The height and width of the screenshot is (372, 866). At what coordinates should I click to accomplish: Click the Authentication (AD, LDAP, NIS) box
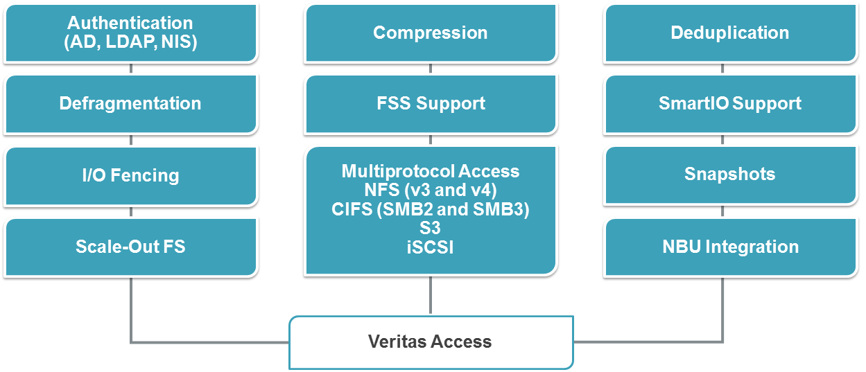pos(130,33)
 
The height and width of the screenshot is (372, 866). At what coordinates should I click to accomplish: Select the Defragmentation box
pos(130,104)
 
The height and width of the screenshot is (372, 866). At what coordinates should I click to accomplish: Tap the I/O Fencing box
pos(130,175)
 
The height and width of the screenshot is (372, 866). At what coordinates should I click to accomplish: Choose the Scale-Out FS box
pos(130,247)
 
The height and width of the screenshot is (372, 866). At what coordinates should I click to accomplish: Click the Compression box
pos(430,33)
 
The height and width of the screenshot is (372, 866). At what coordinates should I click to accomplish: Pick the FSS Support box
pos(430,104)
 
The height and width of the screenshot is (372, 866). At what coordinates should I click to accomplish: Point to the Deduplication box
pos(729,33)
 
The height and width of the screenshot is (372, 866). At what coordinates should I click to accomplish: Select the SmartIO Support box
pos(729,104)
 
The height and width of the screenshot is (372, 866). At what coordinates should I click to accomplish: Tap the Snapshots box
pos(729,175)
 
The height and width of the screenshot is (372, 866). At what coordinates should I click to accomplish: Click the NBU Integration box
pos(729,247)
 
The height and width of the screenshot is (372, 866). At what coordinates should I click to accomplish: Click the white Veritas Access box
pos(430,342)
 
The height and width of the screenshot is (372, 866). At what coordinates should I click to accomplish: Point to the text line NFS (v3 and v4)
pos(430,190)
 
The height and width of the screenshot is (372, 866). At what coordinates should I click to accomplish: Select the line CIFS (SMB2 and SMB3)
pos(430,209)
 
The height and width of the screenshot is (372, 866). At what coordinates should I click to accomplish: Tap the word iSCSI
pos(430,247)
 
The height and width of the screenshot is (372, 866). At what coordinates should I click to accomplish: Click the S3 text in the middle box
pos(430,228)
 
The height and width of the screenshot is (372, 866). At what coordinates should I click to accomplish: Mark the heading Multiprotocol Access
pos(430,171)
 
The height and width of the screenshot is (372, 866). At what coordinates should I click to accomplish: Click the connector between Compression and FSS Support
pos(431,69)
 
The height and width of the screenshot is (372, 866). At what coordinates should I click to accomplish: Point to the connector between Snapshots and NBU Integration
pos(723,213)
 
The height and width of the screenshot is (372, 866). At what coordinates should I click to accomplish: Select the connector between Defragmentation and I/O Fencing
pos(131,141)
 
